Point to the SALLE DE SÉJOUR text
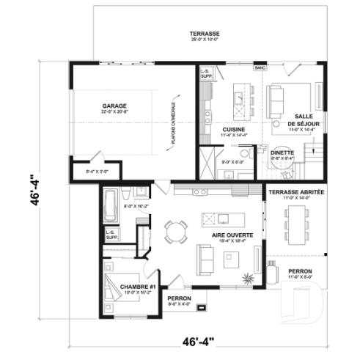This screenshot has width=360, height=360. [x=303, y=121]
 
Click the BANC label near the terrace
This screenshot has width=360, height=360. [x=259, y=68]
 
